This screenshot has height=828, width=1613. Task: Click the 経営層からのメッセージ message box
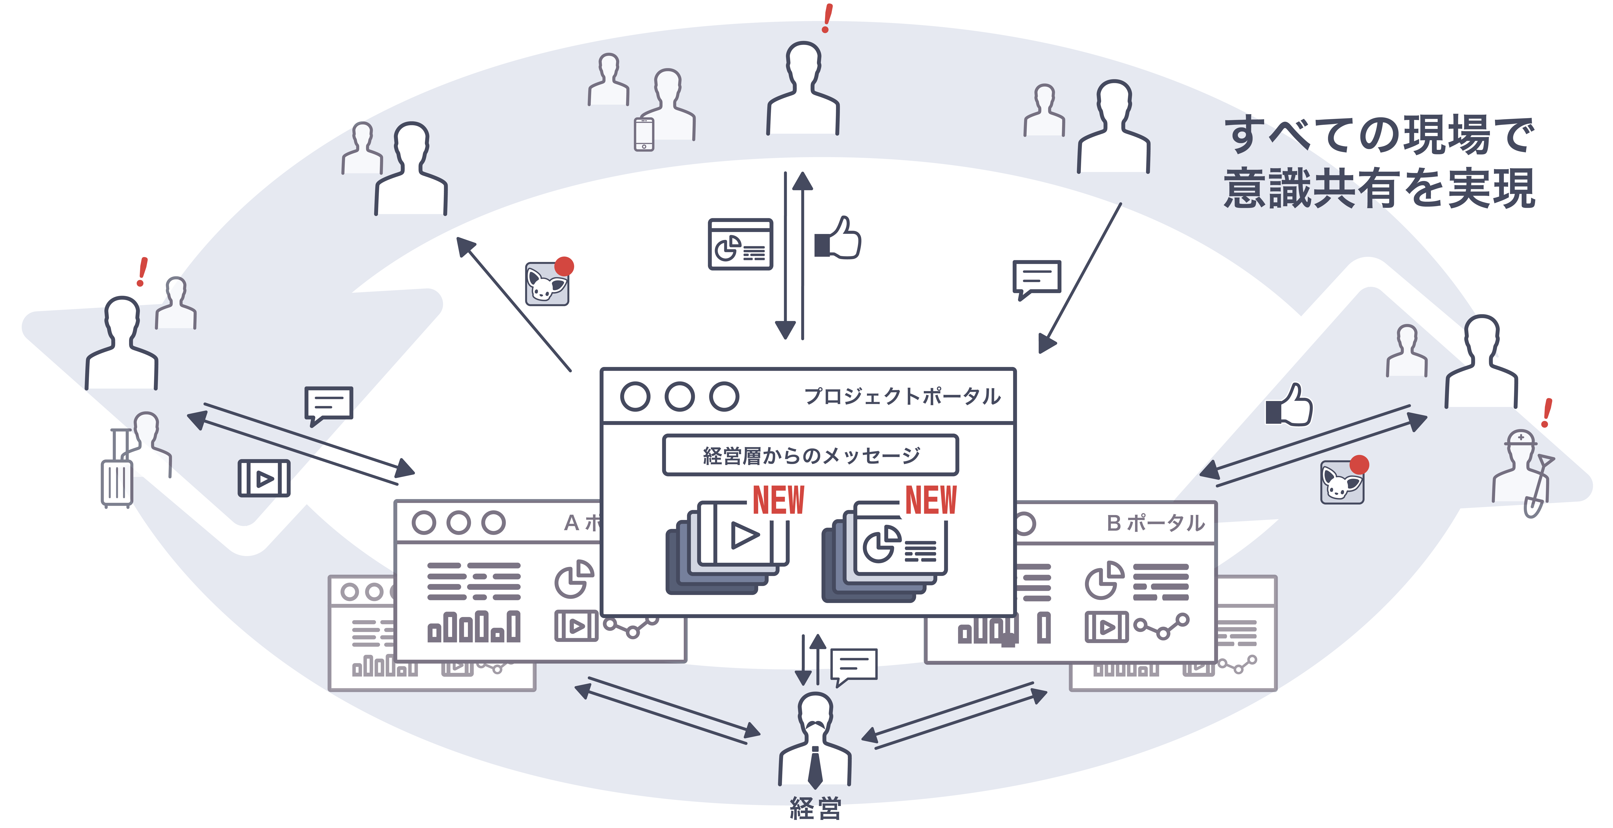[810, 455]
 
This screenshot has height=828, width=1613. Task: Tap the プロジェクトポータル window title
[902, 396]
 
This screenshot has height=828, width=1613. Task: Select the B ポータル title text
[1155, 523]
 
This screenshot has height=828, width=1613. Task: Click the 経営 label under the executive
[815, 808]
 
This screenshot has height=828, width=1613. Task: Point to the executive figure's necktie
[815, 767]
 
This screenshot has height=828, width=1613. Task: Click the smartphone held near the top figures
[644, 134]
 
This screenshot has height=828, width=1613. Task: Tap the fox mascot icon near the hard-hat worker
[1343, 481]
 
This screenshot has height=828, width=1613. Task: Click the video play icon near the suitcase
[264, 478]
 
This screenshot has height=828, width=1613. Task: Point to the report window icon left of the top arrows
[740, 244]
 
